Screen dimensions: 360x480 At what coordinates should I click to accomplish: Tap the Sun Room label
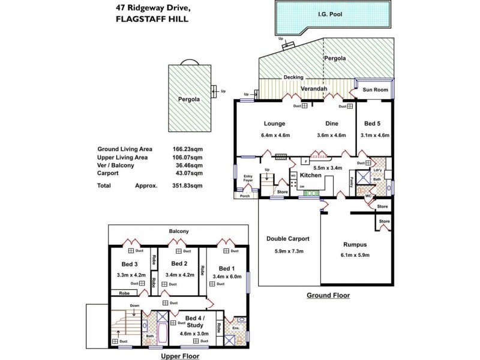tap(375, 90)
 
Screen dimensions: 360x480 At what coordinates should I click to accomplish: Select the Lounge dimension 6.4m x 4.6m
tap(276, 135)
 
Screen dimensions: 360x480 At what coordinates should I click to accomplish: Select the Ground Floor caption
tap(328, 295)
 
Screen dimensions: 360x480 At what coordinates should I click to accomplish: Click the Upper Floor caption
tap(180, 355)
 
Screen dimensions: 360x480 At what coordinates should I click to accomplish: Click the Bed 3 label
tap(130, 264)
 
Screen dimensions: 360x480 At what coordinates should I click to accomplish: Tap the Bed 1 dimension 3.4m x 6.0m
tap(226, 277)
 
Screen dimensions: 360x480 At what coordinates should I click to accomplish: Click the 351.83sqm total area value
tap(186, 186)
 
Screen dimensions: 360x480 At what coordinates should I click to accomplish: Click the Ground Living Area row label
tap(124, 149)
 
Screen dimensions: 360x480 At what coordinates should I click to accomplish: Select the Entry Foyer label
tap(248, 178)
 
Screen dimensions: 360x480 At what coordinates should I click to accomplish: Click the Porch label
tap(245, 196)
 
